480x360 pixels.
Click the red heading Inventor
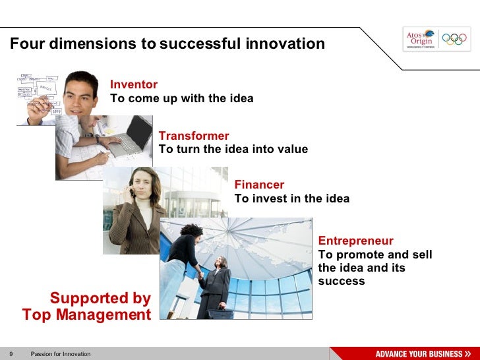point(134,84)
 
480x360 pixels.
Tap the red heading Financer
point(259,185)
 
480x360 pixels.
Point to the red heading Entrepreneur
point(355,241)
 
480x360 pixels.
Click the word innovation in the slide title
point(285,44)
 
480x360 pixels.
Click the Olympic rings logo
point(454,39)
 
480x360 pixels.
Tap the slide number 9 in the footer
point(11,354)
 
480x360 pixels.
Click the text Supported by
point(100,298)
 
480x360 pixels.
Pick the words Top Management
point(86,315)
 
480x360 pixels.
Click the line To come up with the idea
point(181,99)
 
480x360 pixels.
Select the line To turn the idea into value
point(233,149)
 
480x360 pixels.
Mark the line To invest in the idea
point(291,198)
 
